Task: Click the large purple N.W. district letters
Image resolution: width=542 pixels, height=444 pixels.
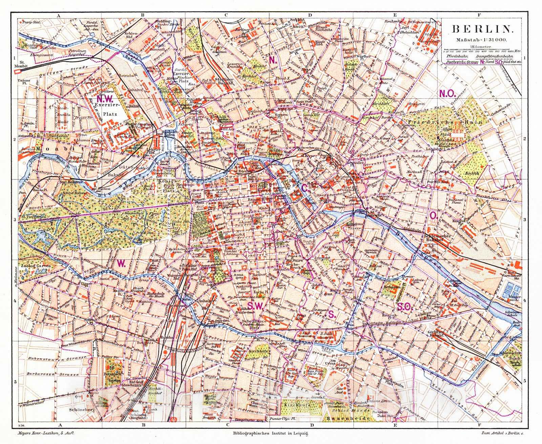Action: (x=105, y=99)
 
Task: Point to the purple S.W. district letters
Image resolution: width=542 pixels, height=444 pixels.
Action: (x=255, y=306)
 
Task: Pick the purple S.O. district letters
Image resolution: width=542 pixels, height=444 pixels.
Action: (x=403, y=307)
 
